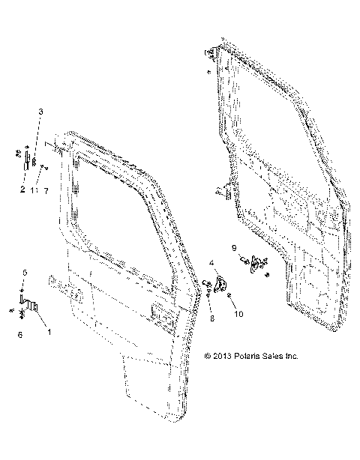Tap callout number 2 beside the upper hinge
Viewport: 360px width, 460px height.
coord(22,190)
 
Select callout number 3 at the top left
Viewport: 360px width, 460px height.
coord(40,112)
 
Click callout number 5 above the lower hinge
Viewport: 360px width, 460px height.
coord(24,271)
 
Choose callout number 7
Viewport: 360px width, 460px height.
coord(46,190)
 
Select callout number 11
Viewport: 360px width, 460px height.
coord(34,190)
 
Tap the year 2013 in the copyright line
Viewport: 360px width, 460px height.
coord(221,356)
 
